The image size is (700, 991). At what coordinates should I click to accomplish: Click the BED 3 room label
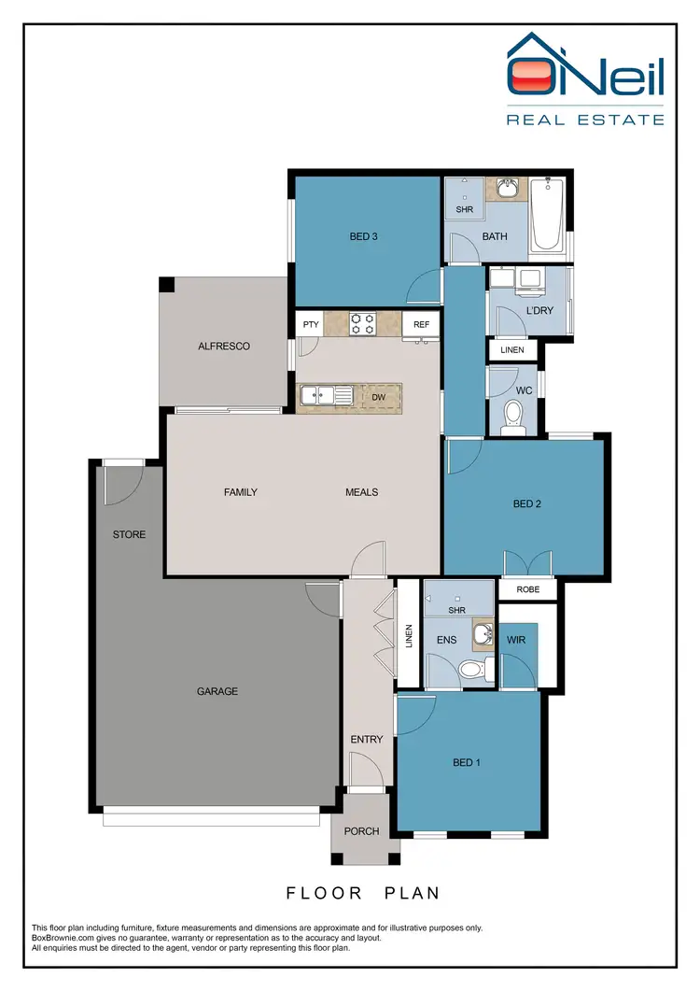pyautogui.click(x=363, y=236)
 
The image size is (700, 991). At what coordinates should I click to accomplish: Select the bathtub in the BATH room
pyautogui.click(x=547, y=217)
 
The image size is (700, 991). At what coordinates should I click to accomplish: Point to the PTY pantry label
pyautogui.click(x=311, y=324)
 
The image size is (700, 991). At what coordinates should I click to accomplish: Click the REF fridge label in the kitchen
pyautogui.click(x=421, y=324)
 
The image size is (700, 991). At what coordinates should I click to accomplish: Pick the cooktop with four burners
pyautogui.click(x=362, y=323)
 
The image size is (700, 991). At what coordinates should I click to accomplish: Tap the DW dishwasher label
pyautogui.click(x=378, y=397)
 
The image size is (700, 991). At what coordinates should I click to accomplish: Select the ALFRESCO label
pyautogui.click(x=224, y=346)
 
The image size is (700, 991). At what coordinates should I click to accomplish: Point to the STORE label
pyautogui.click(x=129, y=534)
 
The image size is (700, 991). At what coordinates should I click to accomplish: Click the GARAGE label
pyautogui.click(x=217, y=691)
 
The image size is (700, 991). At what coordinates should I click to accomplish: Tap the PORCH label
pyautogui.click(x=362, y=831)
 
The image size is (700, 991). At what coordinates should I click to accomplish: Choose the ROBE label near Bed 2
pyautogui.click(x=527, y=590)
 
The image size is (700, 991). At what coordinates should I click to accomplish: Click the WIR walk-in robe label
pyautogui.click(x=517, y=641)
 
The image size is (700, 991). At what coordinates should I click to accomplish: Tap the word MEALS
pyautogui.click(x=362, y=492)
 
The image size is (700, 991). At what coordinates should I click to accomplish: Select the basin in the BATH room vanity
pyautogui.click(x=507, y=191)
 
